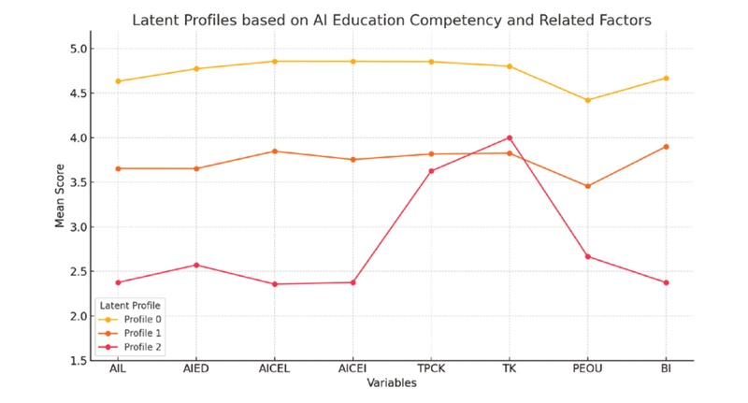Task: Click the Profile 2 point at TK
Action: [509, 137]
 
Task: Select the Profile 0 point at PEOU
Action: [587, 100]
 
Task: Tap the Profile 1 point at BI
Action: [666, 147]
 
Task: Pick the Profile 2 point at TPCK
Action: [431, 171]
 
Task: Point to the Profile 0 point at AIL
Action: [118, 81]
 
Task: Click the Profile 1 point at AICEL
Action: [274, 151]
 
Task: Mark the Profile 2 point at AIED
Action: [196, 265]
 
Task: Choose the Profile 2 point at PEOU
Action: [587, 256]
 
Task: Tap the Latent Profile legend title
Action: [130, 305]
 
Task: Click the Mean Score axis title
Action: [60, 203]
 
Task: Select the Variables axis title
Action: [391, 384]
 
